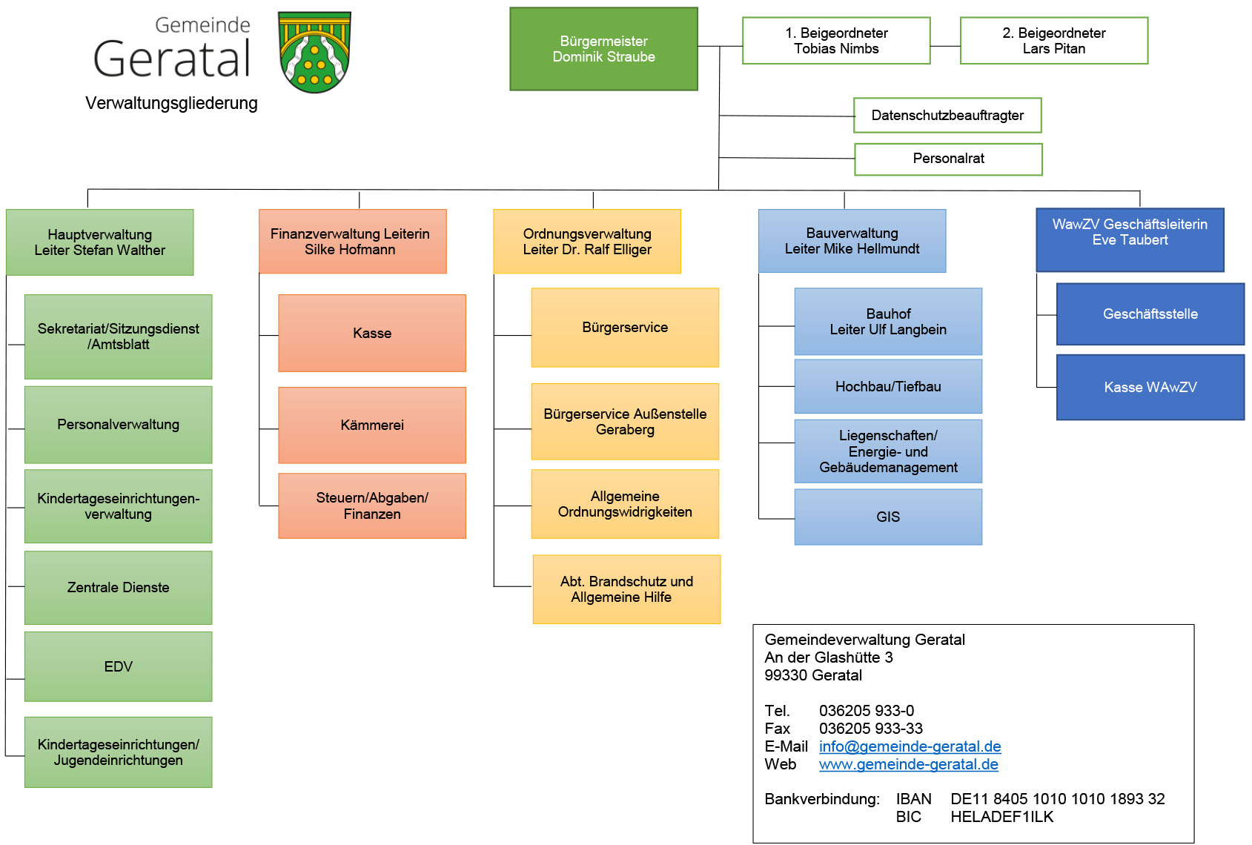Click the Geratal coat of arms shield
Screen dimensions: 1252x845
click(314, 52)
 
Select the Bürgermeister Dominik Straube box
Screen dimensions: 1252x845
click(603, 49)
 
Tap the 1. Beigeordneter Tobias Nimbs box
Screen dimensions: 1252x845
click(836, 41)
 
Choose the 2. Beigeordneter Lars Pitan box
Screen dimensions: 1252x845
click(1054, 41)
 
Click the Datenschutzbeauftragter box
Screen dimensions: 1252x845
click(947, 116)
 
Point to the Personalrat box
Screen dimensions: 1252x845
click(949, 159)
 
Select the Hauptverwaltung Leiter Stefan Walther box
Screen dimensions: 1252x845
click(100, 242)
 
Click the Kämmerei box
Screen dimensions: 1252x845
click(372, 425)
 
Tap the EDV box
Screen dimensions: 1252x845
click(119, 666)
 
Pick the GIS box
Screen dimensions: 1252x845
click(888, 517)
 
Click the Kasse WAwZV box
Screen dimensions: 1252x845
click(1150, 387)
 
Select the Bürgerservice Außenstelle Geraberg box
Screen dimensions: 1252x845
click(625, 422)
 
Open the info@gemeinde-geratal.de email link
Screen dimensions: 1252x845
click(910, 746)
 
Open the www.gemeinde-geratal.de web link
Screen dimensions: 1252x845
click(909, 764)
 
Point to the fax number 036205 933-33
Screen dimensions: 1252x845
click(871, 729)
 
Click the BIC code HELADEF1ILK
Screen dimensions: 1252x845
click(1002, 817)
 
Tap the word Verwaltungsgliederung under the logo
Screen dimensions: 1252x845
click(171, 103)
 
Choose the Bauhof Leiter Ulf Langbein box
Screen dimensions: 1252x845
click(888, 322)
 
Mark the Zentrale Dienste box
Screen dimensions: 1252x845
click(119, 588)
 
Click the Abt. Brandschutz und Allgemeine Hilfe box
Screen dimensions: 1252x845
click(626, 589)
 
